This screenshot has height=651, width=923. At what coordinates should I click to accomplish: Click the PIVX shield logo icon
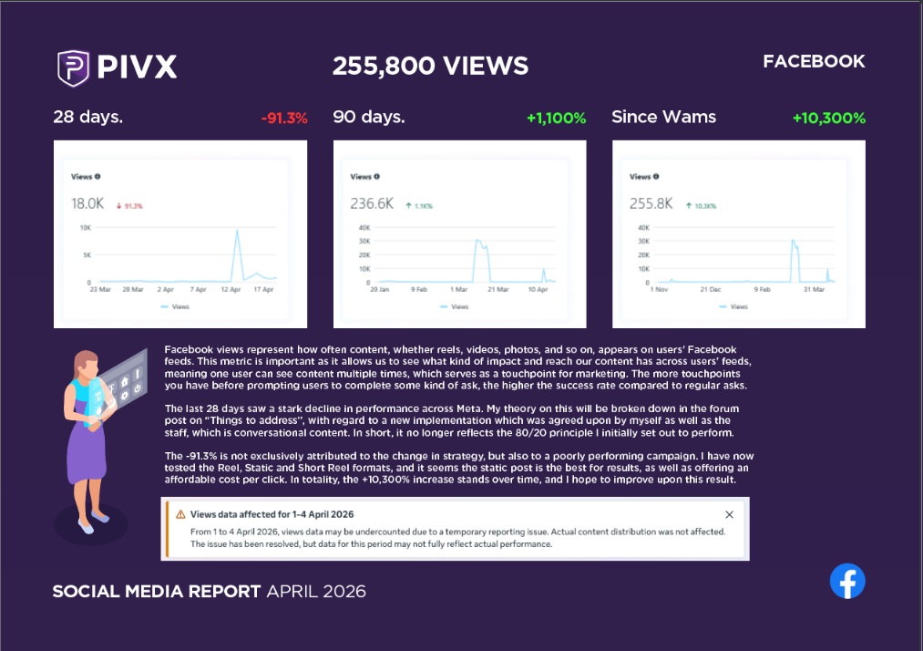pyautogui.click(x=73, y=67)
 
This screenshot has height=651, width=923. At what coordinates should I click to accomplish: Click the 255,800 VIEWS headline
pyautogui.click(x=430, y=66)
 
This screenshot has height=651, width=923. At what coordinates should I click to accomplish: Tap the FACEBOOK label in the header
pyautogui.click(x=814, y=62)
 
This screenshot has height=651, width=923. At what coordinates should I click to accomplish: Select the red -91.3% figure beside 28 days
pyautogui.click(x=283, y=118)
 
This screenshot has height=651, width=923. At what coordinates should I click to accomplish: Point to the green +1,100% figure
pyautogui.click(x=556, y=118)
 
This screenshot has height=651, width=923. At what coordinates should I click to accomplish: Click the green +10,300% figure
pyautogui.click(x=828, y=118)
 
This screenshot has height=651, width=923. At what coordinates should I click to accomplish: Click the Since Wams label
pyautogui.click(x=663, y=117)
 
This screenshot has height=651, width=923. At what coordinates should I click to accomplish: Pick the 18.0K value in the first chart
pyautogui.click(x=88, y=204)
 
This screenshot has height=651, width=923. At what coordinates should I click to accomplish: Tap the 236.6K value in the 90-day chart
pyautogui.click(x=372, y=204)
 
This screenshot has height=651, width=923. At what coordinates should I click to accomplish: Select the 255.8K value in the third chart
pyautogui.click(x=651, y=204)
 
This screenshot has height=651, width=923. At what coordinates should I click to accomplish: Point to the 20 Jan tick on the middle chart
pyautogui.click(x=380, y=289)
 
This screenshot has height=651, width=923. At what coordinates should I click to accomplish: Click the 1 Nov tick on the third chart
pyautogui.click(x=658, y=289)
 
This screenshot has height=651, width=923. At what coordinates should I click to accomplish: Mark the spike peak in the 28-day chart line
pyautogui.click(x=237, y=230)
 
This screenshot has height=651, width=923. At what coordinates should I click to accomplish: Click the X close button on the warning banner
pyautogui.click(x=729, y=514)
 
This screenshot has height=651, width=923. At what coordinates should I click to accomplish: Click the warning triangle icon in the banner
pyautogui.click(x=180, y=514)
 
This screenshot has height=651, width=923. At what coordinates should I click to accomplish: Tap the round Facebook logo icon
pyautogui.click(x=847, y=581)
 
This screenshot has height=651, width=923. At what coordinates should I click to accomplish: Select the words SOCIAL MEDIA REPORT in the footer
pyautogui.click(x=157, y=592)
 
